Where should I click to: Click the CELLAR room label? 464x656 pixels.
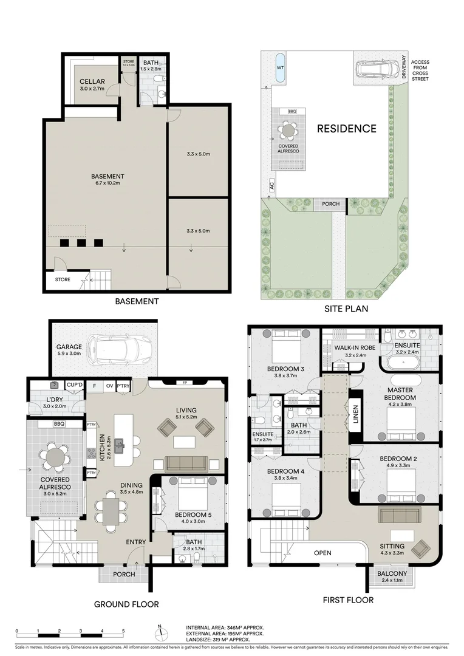(x=92, y=81)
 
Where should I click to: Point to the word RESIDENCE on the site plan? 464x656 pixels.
(x=346, y=129)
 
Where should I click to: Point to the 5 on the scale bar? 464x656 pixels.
(x=123, y=631)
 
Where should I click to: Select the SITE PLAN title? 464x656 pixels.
(x=346, y=309)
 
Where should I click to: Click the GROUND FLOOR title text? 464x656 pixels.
(x=126, y=604)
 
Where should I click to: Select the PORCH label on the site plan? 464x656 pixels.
(x=331, y=205)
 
